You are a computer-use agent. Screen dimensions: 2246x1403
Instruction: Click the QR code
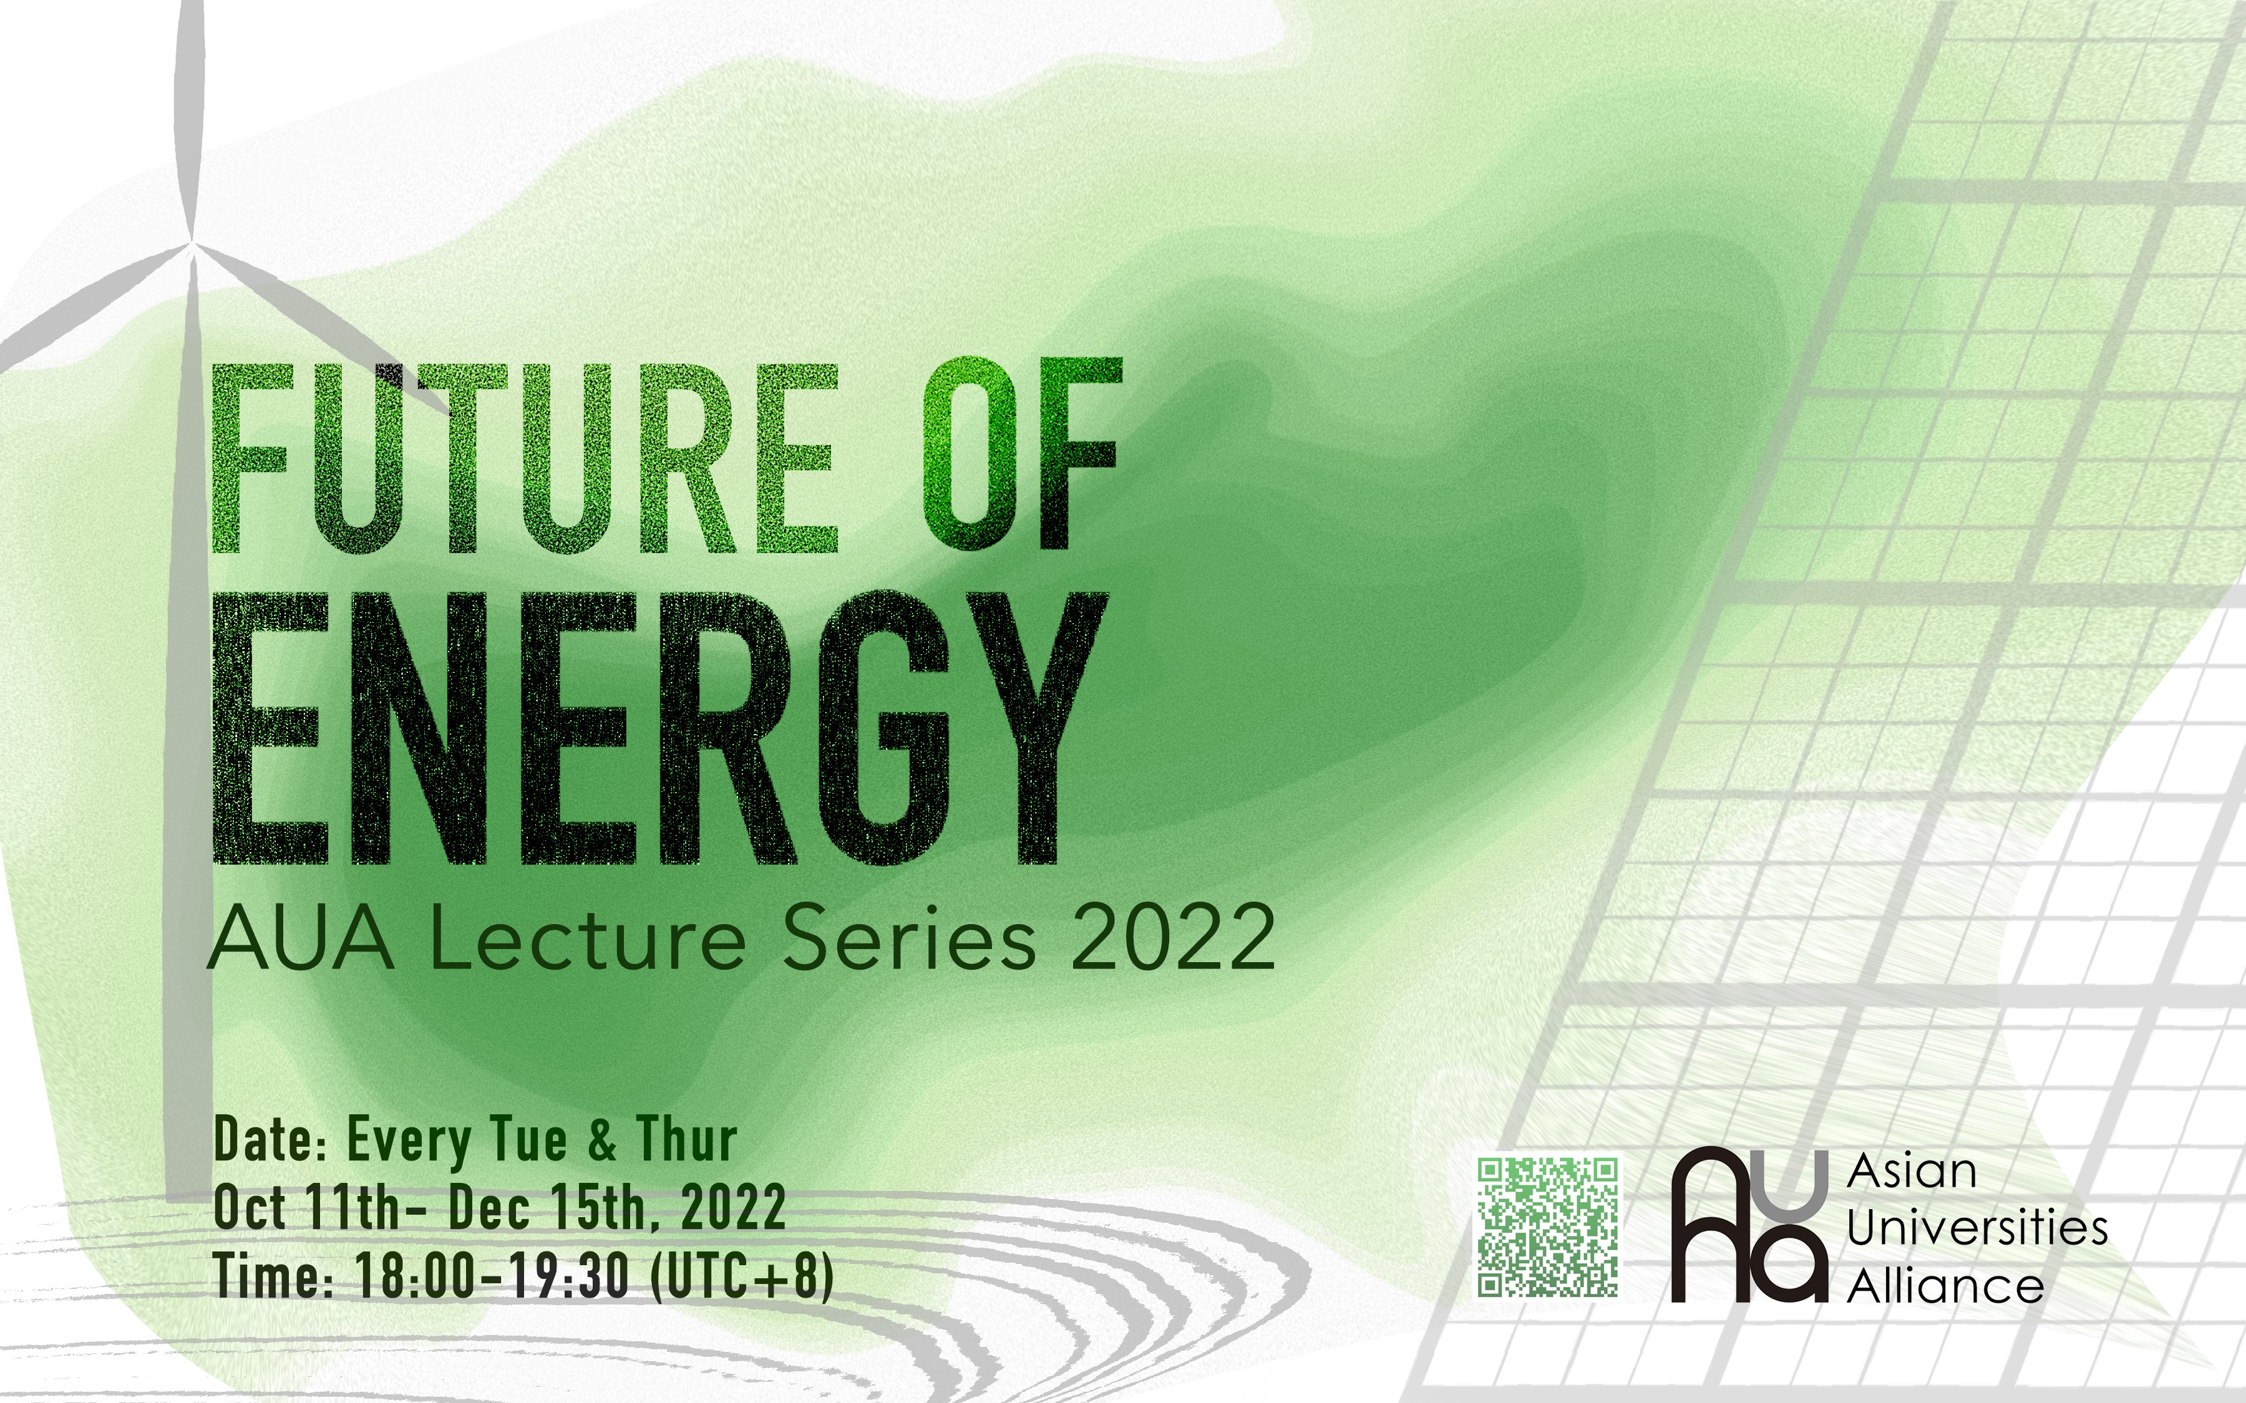(x=1547, y=1226)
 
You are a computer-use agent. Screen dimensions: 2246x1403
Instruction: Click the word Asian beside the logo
(x=1911, y=1172)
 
